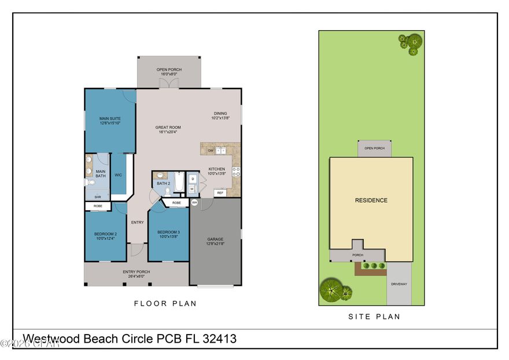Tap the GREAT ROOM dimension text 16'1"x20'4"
168,132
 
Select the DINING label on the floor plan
220,113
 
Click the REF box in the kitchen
220,193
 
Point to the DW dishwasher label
211,150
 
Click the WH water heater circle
194,203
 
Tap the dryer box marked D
193,179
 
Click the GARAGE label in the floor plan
216,239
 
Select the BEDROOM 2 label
105,234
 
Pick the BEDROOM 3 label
168,233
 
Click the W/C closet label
118,174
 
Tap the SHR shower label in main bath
98,197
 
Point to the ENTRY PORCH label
137,271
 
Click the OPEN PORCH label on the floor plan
169,69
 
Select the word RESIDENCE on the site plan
371,200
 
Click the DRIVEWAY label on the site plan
399,284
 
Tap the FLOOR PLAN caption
165,303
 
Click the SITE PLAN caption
374,317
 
